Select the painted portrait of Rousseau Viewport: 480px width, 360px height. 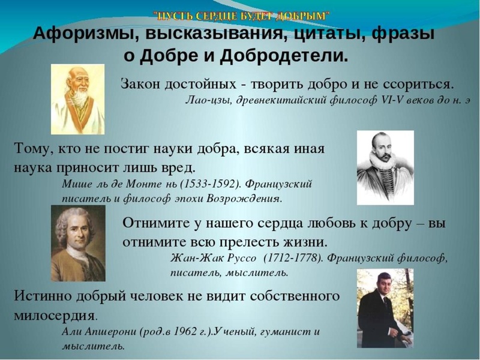point(78,243)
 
